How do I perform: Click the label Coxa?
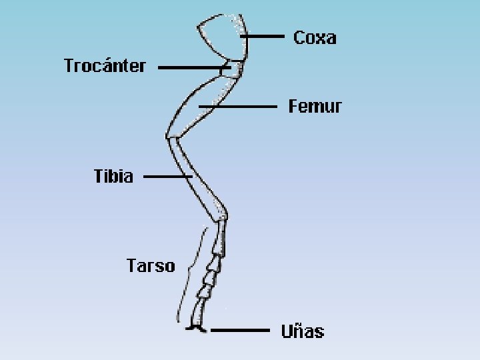[x=315, y=37]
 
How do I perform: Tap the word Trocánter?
[x=105, y=66]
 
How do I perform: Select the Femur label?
[x=315, y=106]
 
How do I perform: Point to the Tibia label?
[x=113, y=177]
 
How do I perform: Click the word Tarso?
[x=151, y=266]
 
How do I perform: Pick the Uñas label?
[x=302, y=331]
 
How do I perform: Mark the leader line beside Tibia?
[x=167, y=177]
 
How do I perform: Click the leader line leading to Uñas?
[x=240, y=330]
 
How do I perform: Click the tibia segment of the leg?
[x=196, y=177]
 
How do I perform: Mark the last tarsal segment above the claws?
[x=198, y=311]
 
